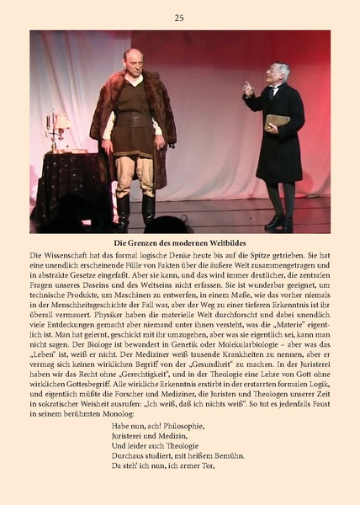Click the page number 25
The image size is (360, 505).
point(179,17)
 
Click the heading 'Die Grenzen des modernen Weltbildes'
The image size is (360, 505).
point(179,243)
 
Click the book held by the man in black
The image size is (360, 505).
point(277,122)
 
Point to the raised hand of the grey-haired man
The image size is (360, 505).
point(247,87)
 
